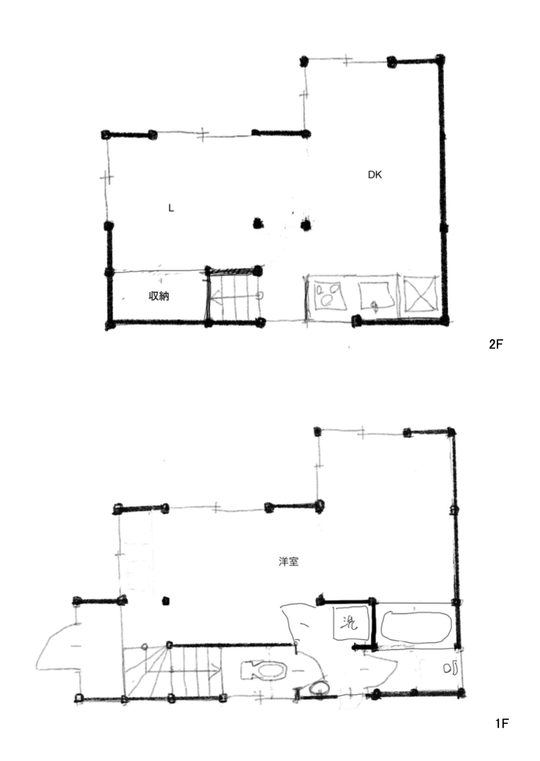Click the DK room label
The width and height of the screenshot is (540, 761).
[375, 174]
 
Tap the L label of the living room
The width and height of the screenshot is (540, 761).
[171, 208]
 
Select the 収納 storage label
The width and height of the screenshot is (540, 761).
[159, 296]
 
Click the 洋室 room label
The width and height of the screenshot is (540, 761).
[289, 561]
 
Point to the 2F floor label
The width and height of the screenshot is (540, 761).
[495, 345]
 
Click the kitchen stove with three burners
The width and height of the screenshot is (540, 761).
[330, 295]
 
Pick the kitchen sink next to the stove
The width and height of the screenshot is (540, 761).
[378, 295]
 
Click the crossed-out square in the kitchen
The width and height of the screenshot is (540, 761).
[419, 294]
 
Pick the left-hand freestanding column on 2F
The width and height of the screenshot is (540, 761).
[259, 223]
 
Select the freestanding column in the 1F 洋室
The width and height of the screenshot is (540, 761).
[166, 601]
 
